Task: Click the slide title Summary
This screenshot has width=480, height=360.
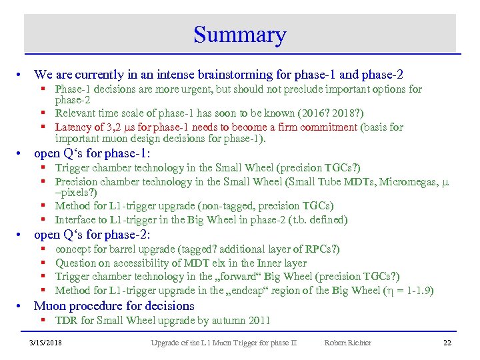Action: (239, 35)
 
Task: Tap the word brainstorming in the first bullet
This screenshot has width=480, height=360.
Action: (217, 75)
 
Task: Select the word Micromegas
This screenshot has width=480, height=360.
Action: (409, 181)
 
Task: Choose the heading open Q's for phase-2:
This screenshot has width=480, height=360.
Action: (92, 235)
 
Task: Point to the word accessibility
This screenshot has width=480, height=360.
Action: (149, 263)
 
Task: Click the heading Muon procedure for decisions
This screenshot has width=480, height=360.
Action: (114, 306)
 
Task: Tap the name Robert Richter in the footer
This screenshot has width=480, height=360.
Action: (347, 343)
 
